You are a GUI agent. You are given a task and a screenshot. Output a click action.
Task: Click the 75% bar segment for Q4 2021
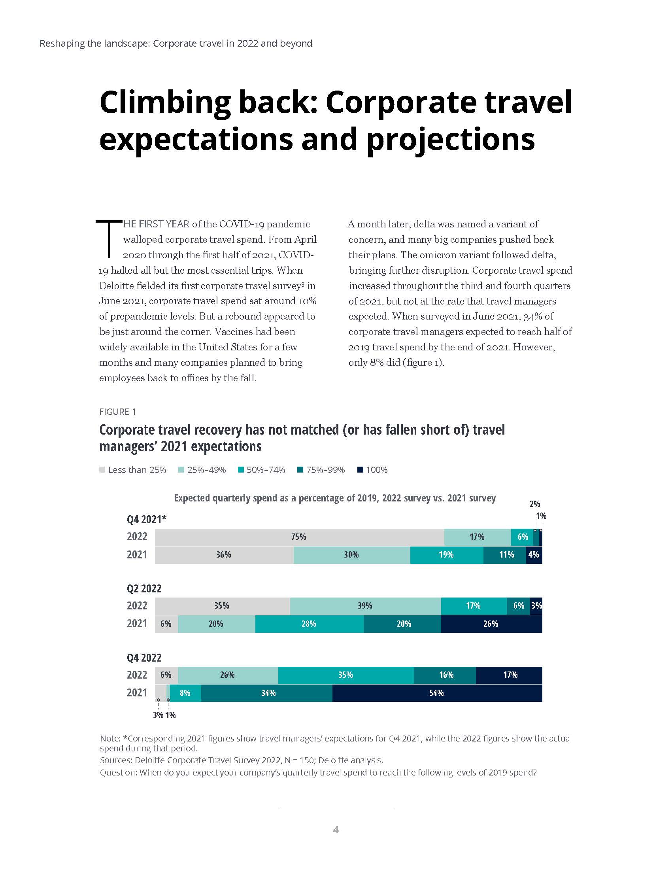pos(299,537)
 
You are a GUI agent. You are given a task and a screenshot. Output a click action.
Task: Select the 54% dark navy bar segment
pos(437,693)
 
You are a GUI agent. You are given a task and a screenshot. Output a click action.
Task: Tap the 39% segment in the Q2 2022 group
pos(365,606)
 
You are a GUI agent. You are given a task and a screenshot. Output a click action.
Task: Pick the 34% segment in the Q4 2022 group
pos(268,693)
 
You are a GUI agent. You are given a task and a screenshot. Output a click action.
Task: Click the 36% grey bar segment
pos(223,555)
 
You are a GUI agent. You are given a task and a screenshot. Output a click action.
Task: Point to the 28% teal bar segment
pos(309,624)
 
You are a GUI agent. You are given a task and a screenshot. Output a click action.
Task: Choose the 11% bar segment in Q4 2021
pos(506,555)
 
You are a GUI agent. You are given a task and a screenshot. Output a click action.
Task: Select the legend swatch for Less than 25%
pos(102,470)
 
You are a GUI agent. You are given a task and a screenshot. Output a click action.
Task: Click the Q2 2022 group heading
pos(144,588)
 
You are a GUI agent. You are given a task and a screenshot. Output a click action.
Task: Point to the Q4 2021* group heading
pos(147,519)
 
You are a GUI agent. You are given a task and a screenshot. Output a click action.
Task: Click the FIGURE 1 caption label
pos(117,412)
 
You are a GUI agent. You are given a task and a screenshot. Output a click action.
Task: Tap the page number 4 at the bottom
pos(336,830)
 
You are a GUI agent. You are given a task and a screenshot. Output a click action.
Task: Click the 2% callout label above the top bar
pos(535,504)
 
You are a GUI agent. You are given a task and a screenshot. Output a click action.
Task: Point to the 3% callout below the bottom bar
pos(158,715)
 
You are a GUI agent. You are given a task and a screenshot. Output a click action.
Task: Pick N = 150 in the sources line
pos(306,760)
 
